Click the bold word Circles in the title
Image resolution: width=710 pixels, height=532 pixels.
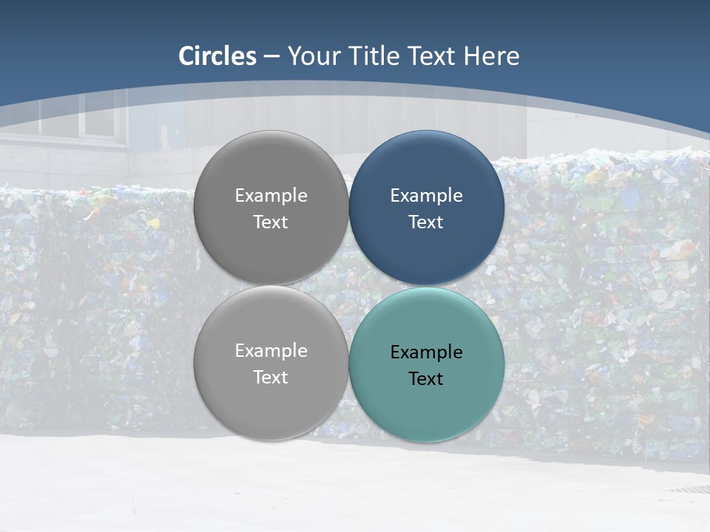(217, 56)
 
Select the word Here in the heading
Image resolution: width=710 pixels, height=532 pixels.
(492, 56)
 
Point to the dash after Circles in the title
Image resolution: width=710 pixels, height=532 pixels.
(271, 57)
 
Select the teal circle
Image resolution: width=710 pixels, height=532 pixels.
(427, 406)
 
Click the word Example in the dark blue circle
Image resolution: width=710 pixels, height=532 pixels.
(427, 196)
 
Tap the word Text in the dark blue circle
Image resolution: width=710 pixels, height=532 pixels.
(427, 222)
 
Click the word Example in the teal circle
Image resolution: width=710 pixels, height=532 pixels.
(427, 352)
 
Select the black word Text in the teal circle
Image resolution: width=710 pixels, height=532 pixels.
(427, 379)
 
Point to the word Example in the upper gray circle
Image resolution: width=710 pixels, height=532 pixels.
(271, 196)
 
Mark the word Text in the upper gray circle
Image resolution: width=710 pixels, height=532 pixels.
(271, 222)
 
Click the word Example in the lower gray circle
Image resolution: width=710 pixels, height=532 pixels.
(271, 351)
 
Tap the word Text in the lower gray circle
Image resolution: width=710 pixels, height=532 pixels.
(271, 378)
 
